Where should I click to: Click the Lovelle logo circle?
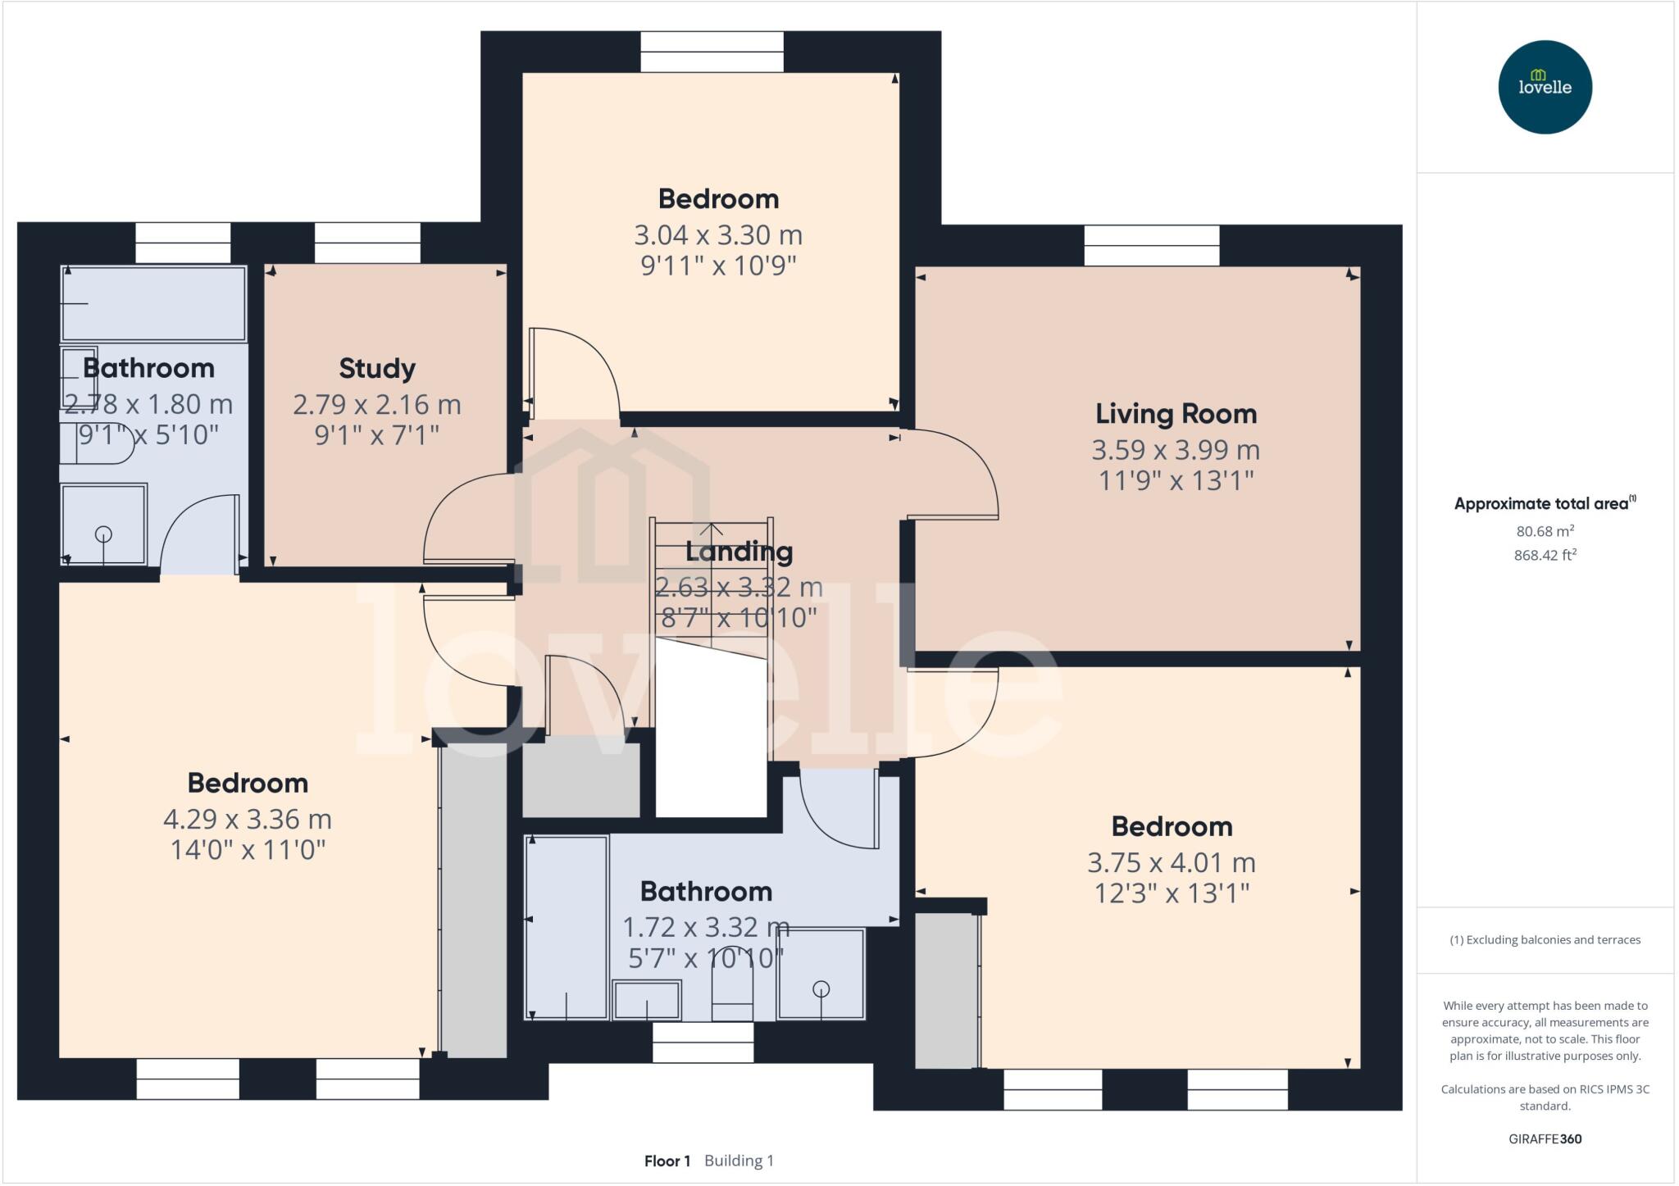[1545, 87]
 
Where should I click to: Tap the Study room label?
[377, 368]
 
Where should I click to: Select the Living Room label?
[1176, 414]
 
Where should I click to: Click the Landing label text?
[739, 552]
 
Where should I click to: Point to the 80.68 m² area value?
[1545, 531]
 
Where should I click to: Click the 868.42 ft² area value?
[1545, 555]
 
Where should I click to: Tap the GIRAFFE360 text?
[1545, 1138]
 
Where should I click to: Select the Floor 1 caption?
[667, 1161]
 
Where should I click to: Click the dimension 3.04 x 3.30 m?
[718, 235]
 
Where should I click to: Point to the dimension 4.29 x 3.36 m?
[248, 819]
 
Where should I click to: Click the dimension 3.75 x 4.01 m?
[1172, 862]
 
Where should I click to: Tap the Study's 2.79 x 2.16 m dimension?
[377, 404]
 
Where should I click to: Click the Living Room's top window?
[1151, 245]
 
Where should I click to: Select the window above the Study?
[367, 243]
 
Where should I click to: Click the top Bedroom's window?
[712, 52]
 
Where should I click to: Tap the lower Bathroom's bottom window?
[703, 1042]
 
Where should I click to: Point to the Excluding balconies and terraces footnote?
[1545, 940]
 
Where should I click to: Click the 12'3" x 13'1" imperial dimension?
[1172, 893]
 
